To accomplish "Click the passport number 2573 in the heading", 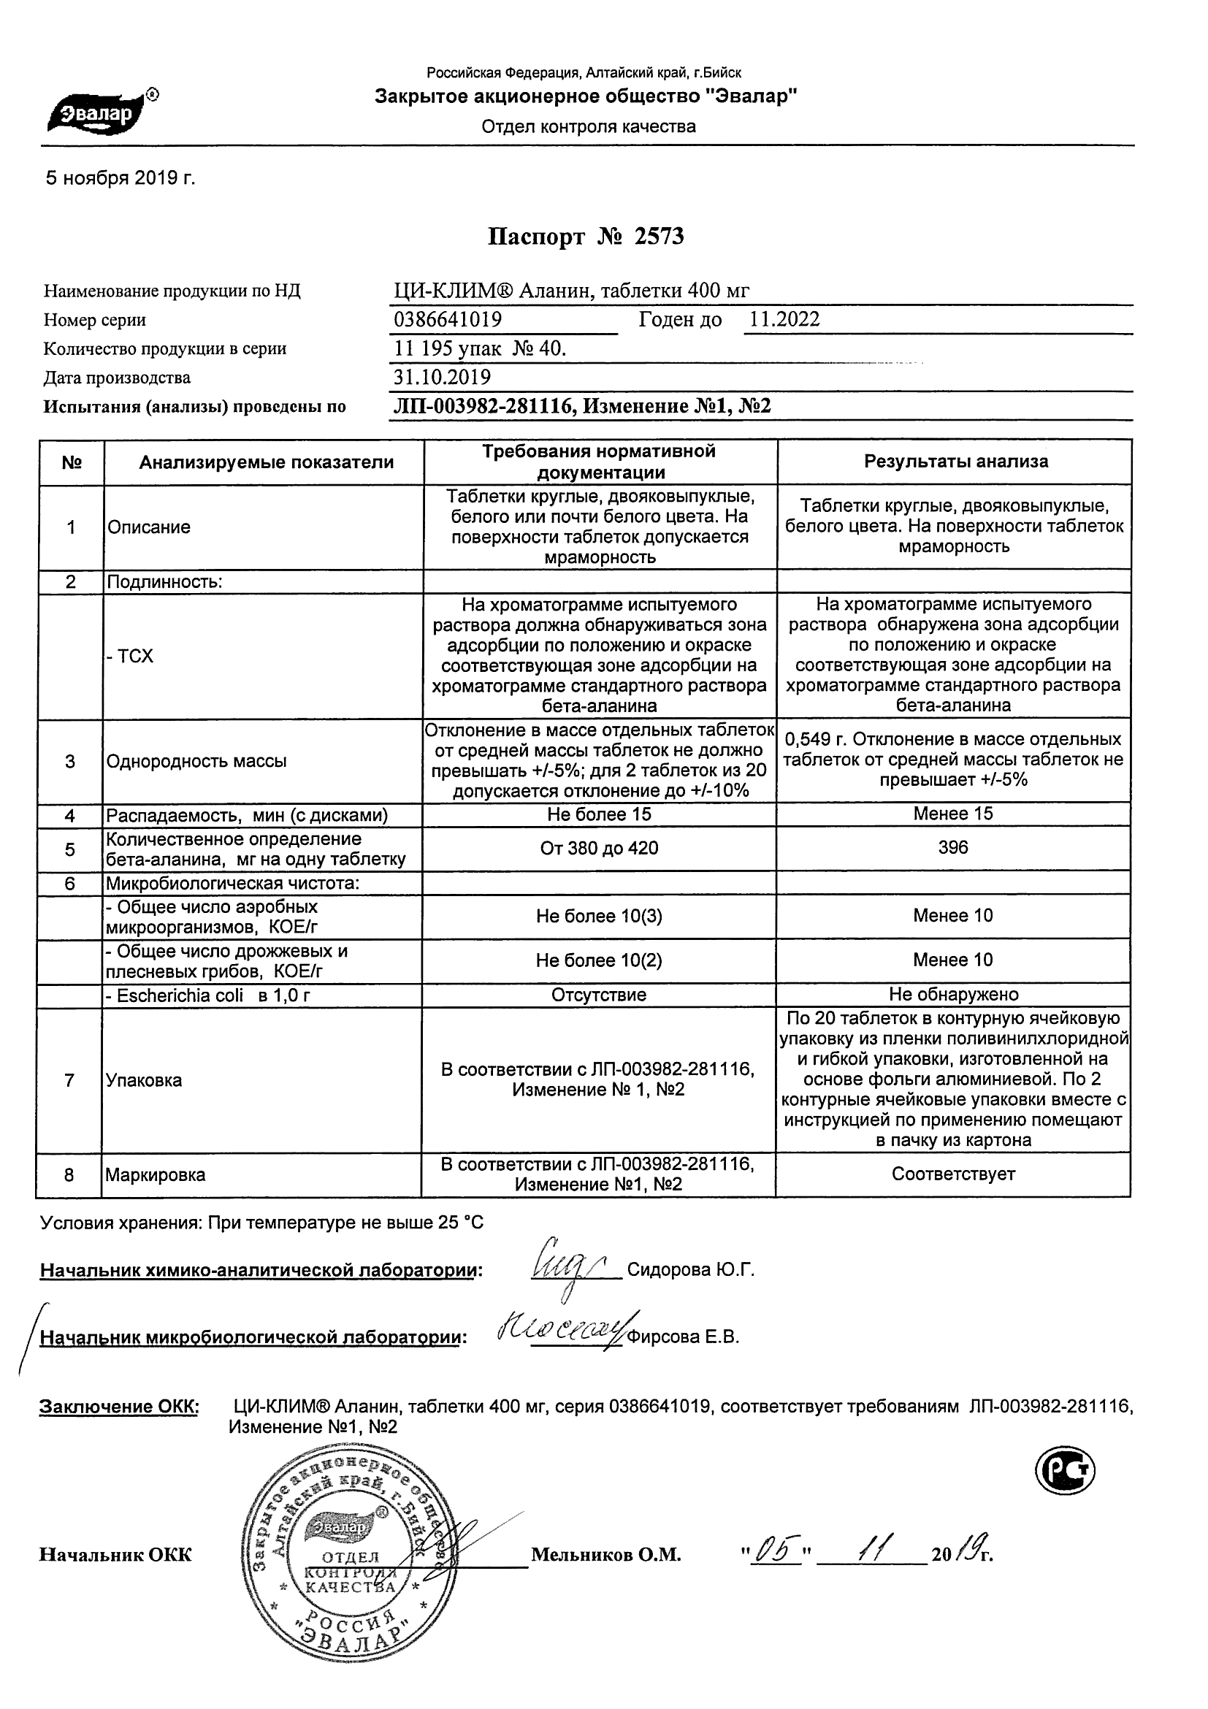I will [x=659, y=237].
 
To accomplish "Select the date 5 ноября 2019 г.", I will [x=121, y=178].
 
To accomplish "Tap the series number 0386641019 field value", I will [x=448, y=319].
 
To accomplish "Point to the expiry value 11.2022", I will [x=784, y=319].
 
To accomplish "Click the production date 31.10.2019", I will [x=442, y=377].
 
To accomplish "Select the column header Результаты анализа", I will [x=956, y=462].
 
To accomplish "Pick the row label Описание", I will [x=149, y=527].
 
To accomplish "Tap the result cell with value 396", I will [x=952, y=848].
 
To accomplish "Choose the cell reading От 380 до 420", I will [x=599, y=849].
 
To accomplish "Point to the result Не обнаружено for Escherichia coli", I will [x=953, y=995].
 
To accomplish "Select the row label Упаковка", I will [x=144, y=1080].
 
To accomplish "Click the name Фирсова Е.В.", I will [x=684, y=1337].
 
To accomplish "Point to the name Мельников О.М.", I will [x=606, y=1555].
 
